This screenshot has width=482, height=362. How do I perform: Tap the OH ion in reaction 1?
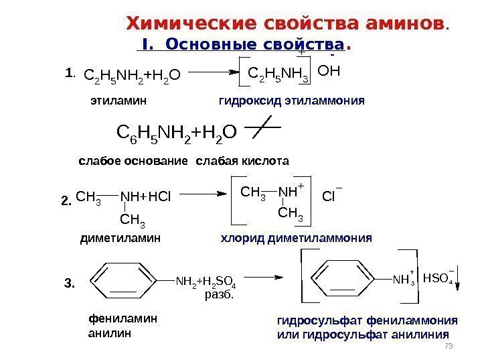coord(329,71)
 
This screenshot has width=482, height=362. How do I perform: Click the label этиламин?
coord(118,101)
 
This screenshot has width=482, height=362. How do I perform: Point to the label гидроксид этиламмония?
coord(291,101)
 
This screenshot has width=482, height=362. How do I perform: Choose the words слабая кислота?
coord(243,162)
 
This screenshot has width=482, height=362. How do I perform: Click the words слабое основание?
coord(134,162)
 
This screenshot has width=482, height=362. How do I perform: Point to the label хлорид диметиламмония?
coord(296,237)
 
